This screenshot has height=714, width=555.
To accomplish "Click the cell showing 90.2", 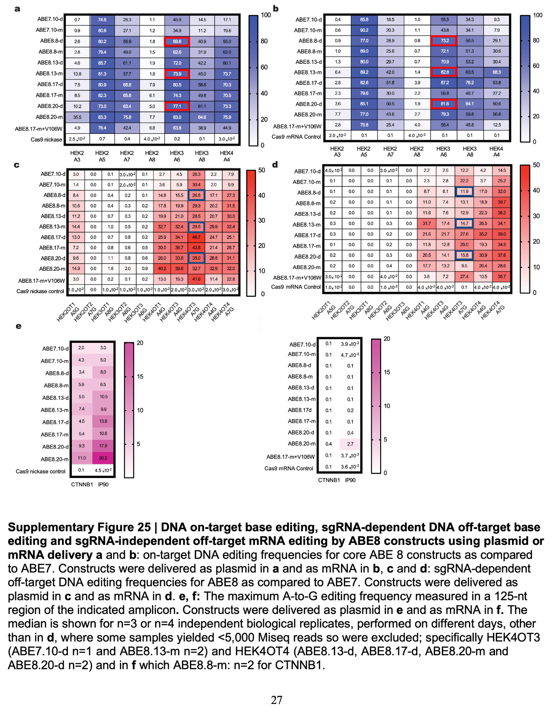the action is click(364, 30).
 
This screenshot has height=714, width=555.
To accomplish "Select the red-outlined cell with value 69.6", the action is click(177, 42).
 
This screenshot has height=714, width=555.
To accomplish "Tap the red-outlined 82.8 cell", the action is click(444, 72).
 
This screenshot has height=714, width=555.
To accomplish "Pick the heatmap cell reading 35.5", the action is click(77, 117).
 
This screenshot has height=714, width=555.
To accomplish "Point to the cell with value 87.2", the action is click(444, 83).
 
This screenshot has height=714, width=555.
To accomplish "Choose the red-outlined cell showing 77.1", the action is click(177, 107).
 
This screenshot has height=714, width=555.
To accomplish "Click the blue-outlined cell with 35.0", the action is click(196, 258).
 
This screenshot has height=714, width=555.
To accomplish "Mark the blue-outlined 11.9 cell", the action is click(464, 191).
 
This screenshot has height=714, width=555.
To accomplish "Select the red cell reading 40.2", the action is click(162, 269).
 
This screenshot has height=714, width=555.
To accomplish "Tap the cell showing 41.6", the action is click(196, 279).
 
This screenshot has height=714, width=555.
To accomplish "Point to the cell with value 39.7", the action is click(502, 202).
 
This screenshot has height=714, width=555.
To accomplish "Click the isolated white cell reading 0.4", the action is click(350, 433).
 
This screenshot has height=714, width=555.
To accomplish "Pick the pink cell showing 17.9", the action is click(103, 446).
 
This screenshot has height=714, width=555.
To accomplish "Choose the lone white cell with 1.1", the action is click(110, 258).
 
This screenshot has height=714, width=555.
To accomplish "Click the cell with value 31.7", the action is click(427, 224).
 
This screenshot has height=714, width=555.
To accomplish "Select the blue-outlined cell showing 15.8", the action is click(464, 255).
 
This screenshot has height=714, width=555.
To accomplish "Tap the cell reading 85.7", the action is click(102, 63).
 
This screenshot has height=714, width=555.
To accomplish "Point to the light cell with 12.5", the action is click(497, 125).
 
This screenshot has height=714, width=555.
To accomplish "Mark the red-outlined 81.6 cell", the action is click(444, 104).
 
